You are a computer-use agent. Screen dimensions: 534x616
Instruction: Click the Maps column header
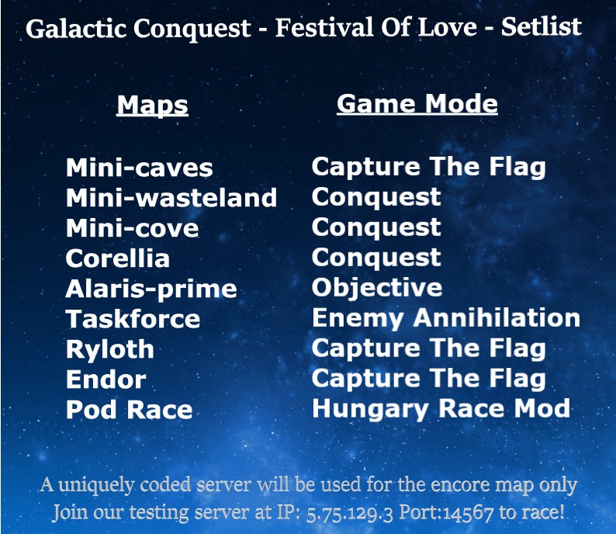152,105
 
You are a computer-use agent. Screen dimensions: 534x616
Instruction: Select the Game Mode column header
417,103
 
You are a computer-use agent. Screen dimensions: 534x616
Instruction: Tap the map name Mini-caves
139,168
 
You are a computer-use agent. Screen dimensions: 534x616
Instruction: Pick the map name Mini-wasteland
171,198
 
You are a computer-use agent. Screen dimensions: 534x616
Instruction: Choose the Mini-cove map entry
132,228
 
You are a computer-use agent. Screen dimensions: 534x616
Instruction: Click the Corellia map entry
117,258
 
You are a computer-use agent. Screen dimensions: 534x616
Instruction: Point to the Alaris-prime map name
151,289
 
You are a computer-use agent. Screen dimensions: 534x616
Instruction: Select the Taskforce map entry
133,319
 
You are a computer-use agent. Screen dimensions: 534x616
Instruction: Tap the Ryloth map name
109,349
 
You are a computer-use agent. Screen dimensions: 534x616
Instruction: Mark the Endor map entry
106,380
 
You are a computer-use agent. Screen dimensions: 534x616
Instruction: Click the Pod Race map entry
129,410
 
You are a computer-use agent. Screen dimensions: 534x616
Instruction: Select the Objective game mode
376,288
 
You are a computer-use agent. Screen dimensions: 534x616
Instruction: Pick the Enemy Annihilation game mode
445,317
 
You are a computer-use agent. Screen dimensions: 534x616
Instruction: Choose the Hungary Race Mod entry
441,408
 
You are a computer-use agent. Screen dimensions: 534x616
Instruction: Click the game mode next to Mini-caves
428,167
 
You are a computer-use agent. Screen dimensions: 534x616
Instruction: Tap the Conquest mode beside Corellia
376,258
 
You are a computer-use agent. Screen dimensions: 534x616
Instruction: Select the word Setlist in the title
541,28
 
